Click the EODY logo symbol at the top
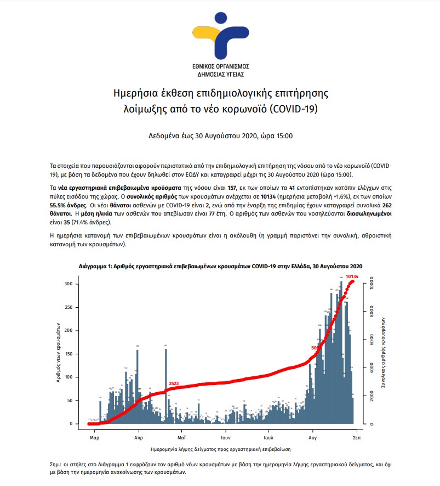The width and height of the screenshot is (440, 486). tap(219, 33)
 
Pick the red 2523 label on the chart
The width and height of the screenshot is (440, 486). tap(174, 383)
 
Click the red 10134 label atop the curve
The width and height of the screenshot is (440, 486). tap(352, 276)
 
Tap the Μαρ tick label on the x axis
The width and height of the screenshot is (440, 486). tap(94, 439)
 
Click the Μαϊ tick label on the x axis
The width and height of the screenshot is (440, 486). tap(181, 439)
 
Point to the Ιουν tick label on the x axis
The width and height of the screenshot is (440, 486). tap(225, 439)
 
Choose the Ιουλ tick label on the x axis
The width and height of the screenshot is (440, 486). tap(268, 439)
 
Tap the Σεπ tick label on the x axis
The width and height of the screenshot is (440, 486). tap(356, 439)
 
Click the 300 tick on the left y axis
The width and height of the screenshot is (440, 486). tap(68, 284)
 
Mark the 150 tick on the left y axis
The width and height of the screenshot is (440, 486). tap(68, 354)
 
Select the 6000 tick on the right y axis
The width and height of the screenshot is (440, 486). tap(372, 340)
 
